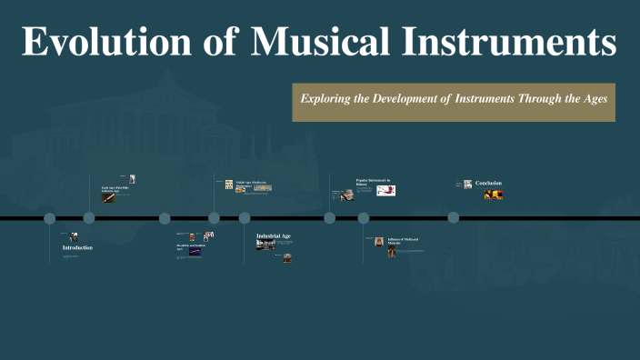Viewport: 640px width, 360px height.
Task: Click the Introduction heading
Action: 77,247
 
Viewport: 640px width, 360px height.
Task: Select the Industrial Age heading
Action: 274,235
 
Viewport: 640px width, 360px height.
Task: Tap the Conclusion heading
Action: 488,184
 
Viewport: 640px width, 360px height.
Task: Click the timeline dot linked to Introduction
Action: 50,218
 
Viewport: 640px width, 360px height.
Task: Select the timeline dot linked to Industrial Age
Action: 245,218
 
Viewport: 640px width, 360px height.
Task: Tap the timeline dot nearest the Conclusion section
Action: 454,218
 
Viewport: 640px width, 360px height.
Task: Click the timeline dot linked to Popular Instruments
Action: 330,218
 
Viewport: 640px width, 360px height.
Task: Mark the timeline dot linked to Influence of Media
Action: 364,218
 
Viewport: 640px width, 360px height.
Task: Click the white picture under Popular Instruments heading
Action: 386,191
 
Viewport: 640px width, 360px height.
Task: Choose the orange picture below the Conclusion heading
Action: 495,195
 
